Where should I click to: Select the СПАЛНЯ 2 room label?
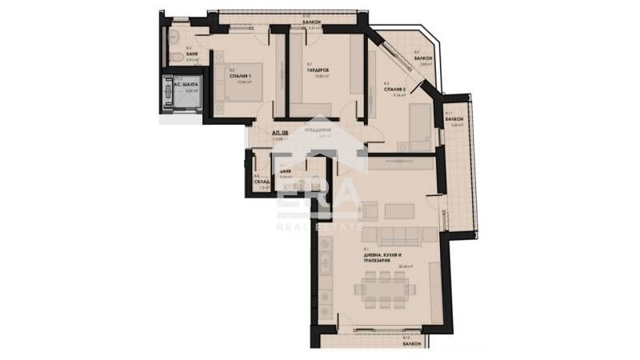click(x=396, y=88)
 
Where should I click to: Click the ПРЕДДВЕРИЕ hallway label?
click(x=320, y=130)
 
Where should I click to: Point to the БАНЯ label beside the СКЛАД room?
click(x=285, y=171)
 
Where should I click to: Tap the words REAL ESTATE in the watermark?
click(x=319, y=226)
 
